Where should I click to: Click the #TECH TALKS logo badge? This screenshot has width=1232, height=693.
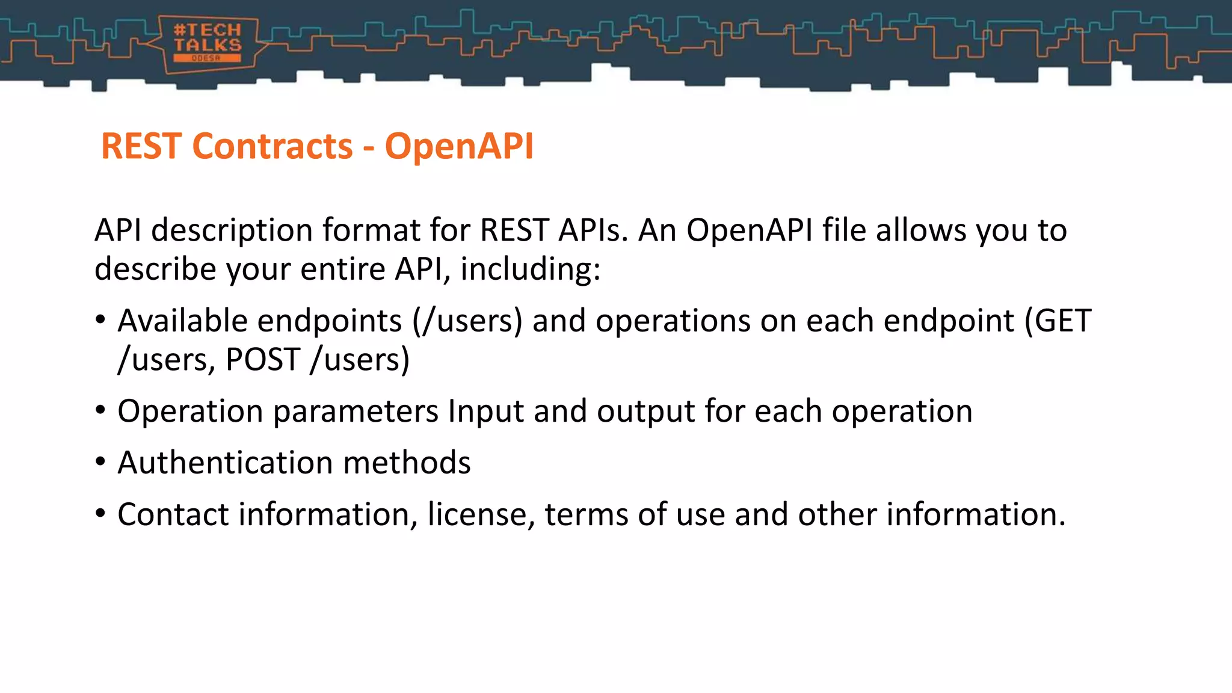pyautogui.click(x=208, y=43)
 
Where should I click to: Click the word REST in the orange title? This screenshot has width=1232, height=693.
pyautogui.click(x=141, y=146)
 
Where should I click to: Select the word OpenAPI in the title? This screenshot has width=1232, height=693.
pyautogui.click(x=459, y=146)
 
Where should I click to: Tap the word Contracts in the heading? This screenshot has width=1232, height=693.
pyautogui.click(x=273, y=146)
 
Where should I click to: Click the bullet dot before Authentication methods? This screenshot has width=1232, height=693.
pyautogui.click(x=100, y=462)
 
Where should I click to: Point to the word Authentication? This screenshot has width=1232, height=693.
pyautogui.click(x=226, y=462)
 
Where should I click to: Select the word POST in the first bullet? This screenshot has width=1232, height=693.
pyautogui.click(x=263, y=359)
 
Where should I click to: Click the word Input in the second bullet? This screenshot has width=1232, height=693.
pyautogui.click(x=485, y=412)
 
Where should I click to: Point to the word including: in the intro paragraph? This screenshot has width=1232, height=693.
pyautogui.click(x=530, y=269)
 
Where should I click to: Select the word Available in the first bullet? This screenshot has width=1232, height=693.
pyautogui.click(x=182, y=320)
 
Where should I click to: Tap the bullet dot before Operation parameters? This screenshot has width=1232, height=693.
pyautogui.click(x=100, y=411)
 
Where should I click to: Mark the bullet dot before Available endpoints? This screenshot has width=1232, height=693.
pyautogui.click(x=100, y=320)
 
